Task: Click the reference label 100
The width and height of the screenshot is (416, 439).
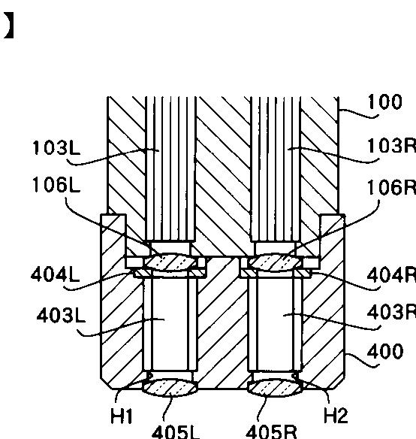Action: point(385,101)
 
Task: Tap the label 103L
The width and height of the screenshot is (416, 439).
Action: point(56,147)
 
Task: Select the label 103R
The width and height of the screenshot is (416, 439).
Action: point(391,146)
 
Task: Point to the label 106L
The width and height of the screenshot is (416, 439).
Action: point(56,185)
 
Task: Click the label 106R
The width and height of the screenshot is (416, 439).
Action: point(391,187)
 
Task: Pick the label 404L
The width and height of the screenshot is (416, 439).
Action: point(55,274)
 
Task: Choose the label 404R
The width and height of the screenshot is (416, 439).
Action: point(391,275)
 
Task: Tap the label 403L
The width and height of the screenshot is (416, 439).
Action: point(61,316)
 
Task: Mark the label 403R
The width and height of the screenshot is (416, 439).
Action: point(391,312)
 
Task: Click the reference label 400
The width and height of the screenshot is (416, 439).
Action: point(385,351)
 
